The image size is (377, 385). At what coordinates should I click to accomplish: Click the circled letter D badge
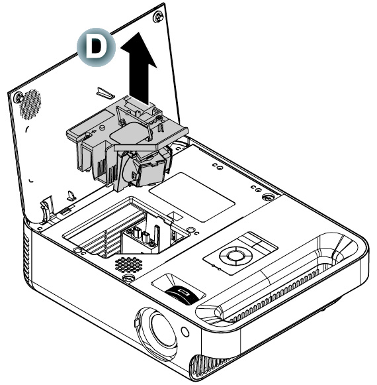[96, 47]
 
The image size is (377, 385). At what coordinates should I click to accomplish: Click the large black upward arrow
[139, 69]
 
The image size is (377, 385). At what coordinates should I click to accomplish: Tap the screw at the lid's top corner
[158, 17]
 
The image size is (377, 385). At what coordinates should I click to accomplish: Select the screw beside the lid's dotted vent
[18, 97]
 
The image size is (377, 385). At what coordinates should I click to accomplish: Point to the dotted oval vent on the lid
[30, 104]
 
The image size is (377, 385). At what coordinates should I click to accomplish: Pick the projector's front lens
[159, 330]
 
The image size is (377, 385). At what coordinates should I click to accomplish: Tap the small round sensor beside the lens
[185, 331]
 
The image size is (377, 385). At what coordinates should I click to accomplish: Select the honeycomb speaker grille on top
[129, 264]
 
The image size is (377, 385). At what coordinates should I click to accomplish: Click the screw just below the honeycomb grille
[128, 278]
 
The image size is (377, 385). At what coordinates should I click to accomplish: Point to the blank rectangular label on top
[192, 197]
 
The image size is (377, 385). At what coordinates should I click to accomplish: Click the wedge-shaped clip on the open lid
[105, 93]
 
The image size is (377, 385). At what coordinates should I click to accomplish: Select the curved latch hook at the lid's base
[46, 210]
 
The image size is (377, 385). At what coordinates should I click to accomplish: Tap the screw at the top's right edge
[268, 196]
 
